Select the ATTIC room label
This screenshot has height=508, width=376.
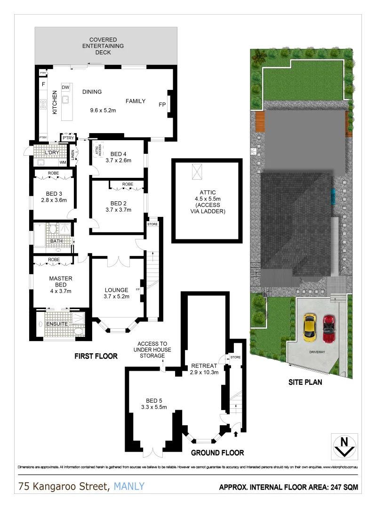[208, 192]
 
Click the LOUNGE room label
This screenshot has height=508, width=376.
[116, 289]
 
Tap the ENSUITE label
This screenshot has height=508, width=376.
[56, 324]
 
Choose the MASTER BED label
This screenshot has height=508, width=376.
[61, 281]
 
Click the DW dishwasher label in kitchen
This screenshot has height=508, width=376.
[66, 88]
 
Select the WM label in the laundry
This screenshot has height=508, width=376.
[63, 163]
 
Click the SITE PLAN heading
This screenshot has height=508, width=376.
[305, 382]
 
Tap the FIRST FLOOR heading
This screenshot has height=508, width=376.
[96, 357]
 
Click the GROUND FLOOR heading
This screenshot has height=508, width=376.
[217, 453]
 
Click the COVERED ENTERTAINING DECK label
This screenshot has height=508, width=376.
[103, 46]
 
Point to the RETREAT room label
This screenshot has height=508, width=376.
[204, 366]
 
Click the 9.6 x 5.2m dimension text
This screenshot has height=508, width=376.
[103, 111]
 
